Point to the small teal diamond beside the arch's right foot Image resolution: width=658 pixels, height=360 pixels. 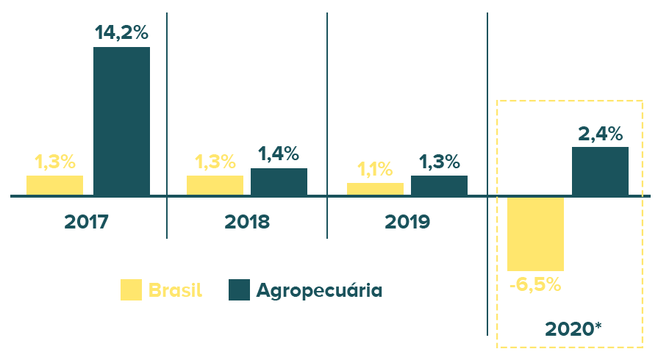click(650, 195)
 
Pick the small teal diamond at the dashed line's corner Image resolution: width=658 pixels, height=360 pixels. click(498, 195)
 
